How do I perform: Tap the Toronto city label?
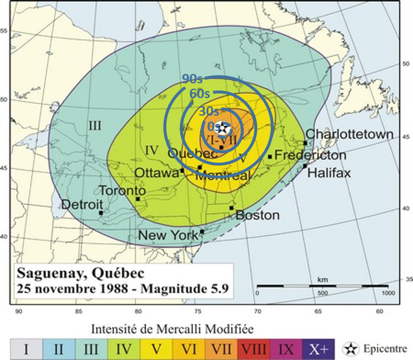pyautogui.click(x=122, y=191)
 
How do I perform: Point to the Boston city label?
pyautogui.click(x=257, y=216)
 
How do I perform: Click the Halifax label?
pyautogui.click(x=329, y=173)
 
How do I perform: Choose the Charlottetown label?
pyautogui.click(x=350, y=134)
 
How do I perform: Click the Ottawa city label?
pyautogui.click(x=156, y=173)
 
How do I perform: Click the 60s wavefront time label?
pyautogui.click(x=200, y=93)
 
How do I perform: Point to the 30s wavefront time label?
pyautogui.click(x=208, y=111)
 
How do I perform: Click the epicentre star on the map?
pyautogui.click(x=224, y=127)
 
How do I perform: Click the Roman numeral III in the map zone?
pyautogui.click(x=96, y=125)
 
